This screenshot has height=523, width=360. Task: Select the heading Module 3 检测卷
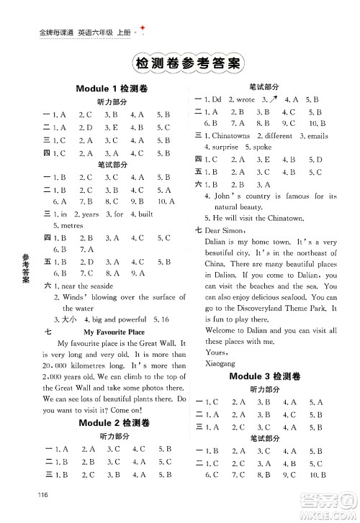pos(267,376)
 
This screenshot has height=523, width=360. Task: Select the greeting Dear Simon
pos(225,230)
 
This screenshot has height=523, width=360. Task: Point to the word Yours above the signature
pos(216,353)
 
